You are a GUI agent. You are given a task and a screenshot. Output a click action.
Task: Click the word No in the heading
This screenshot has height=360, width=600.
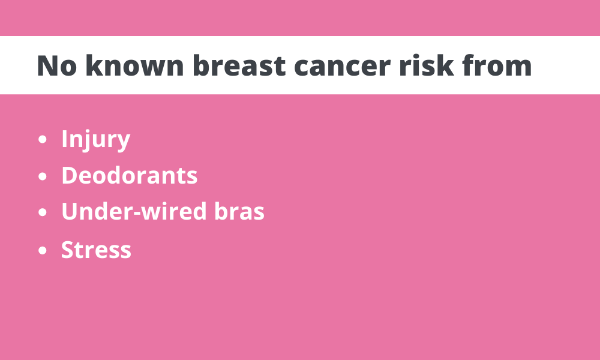click(56, 66)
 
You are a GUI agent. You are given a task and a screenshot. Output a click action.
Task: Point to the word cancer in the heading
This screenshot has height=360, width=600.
click(343, 68)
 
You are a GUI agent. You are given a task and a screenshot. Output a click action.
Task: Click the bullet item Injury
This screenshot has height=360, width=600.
click(95, 140)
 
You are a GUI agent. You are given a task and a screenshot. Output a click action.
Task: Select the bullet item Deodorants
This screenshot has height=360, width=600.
click(130, 175)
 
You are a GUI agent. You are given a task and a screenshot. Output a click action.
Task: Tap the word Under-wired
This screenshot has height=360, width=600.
click(134, 211)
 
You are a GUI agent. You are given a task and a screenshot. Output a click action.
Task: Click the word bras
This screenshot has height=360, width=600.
click(239, 211)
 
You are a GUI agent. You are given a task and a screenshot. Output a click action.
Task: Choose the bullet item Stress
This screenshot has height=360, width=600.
click(96, 250)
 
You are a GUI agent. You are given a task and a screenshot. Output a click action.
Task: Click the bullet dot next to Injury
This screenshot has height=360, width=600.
click(43, 139)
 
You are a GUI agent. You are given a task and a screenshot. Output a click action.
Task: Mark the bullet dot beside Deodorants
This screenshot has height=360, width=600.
click(43, 176)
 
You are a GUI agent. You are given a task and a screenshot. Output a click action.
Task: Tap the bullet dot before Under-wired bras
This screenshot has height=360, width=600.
click(43, 212)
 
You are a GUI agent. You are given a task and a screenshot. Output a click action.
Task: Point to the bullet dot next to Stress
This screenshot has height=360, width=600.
click(43, 251)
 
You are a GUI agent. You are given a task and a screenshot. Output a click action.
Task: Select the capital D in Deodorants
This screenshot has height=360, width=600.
click(70, 175)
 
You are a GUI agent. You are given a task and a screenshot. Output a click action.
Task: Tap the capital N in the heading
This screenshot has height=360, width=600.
click(47, 66)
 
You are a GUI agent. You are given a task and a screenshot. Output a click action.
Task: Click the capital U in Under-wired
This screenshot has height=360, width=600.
click(70, 211)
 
